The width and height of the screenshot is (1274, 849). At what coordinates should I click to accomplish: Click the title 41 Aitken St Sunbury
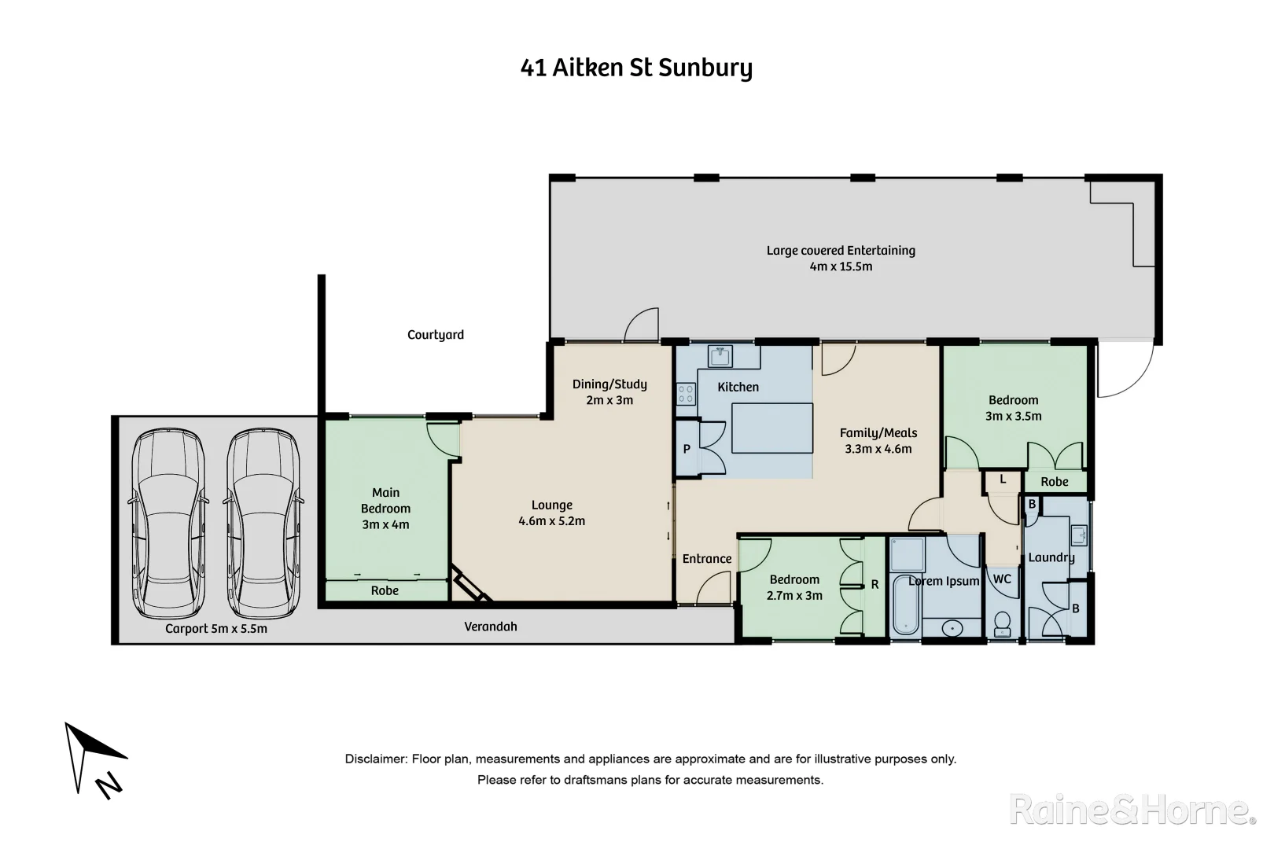(x=636, y=68)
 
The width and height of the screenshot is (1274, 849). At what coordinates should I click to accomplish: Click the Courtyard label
(x=435, y=335)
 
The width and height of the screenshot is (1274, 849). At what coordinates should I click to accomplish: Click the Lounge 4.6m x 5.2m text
(x=551, y=513)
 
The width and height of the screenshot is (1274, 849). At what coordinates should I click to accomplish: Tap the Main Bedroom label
(x=385, y=508)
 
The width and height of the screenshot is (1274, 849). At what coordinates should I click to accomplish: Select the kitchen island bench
(x=772, y=428)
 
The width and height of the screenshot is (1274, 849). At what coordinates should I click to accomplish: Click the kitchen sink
(x=720, y=356)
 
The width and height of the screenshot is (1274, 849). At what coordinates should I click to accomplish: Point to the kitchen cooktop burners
(x=686, y=393)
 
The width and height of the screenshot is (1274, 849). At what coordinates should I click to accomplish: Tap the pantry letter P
(x=687, y=450)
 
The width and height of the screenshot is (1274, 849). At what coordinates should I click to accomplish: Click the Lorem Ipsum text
(x=944, y=581)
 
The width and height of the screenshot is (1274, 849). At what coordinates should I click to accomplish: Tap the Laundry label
(x=1051, y=557)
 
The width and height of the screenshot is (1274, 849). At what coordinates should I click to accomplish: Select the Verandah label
(x=491, y=627)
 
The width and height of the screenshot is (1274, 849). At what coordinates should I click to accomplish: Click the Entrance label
(x=706, y=559)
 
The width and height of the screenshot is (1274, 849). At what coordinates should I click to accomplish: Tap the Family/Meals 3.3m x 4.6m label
(x=878, y=440)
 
